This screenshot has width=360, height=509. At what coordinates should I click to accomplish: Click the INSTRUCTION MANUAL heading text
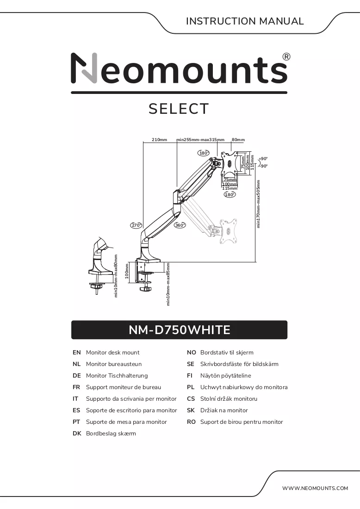click(x=245, y=21)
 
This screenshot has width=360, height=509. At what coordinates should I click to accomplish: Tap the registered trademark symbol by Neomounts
click(x=286, y=57)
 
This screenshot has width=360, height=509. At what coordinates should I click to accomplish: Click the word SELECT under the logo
click(x=179, y=109)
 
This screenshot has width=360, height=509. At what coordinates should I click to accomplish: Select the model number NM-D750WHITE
click(x=180, y=330)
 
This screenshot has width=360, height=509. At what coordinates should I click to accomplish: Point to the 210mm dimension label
click(x=159, y=140)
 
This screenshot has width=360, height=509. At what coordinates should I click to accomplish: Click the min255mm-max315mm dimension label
click(x=200, y=140)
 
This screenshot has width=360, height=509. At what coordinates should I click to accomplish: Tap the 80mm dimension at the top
click(x=238, y=140)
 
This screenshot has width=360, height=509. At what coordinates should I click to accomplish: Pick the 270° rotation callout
click(x=137, y=225)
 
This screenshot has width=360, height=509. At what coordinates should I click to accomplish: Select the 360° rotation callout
click(x=180, y=225)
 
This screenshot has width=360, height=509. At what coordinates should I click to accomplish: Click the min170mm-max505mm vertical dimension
click(x=258, y=204)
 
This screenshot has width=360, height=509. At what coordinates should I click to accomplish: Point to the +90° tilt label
click(x=263, y=159)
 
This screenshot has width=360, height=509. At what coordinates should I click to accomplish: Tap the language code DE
click(x=77, y=376)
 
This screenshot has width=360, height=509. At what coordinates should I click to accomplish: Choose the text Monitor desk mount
click(x=112, y=353)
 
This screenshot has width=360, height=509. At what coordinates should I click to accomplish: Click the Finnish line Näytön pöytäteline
click(x=226, y=376)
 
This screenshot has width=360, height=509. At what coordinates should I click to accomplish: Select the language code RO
click(x=191, y=422)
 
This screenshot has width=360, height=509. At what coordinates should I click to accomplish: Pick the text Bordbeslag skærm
click(x=111, y=434)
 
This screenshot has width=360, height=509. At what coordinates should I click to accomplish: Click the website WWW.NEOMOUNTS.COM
click(x=315, y=488)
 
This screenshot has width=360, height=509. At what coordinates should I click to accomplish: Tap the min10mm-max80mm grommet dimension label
click(x=116, y=276)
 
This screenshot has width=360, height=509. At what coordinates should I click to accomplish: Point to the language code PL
click(x=191, y=387)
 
